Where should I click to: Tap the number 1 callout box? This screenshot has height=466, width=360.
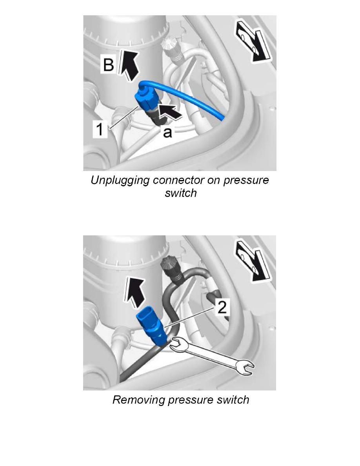tap(101, 129)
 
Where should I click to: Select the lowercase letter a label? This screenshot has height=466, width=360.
tap(167, 133)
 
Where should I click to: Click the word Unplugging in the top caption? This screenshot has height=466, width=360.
tap(120, 181)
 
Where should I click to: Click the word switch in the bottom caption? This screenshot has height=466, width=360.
tap(231, 400)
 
